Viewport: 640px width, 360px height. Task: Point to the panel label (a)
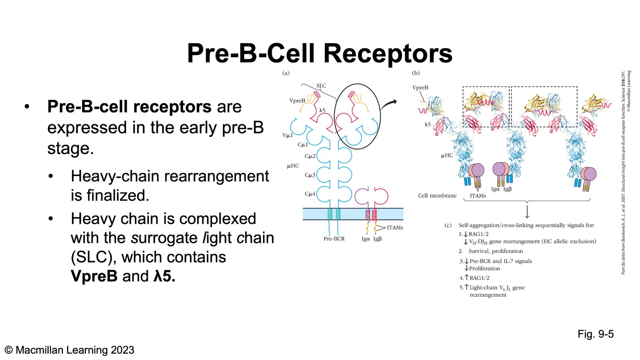coord(286,73)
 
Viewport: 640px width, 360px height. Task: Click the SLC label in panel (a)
coord(321,85)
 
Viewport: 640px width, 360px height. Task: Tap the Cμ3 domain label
coord(310,175)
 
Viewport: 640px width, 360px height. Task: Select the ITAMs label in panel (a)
coord(395,228)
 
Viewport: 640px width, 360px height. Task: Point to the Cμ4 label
coord(310,193)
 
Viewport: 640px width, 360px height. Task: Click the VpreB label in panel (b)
coord(420,88)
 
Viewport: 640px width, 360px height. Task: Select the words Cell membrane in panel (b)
coord(436,195)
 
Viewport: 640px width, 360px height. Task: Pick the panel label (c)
coord(449,225)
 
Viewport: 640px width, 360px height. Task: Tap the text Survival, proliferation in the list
coord(496,251)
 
